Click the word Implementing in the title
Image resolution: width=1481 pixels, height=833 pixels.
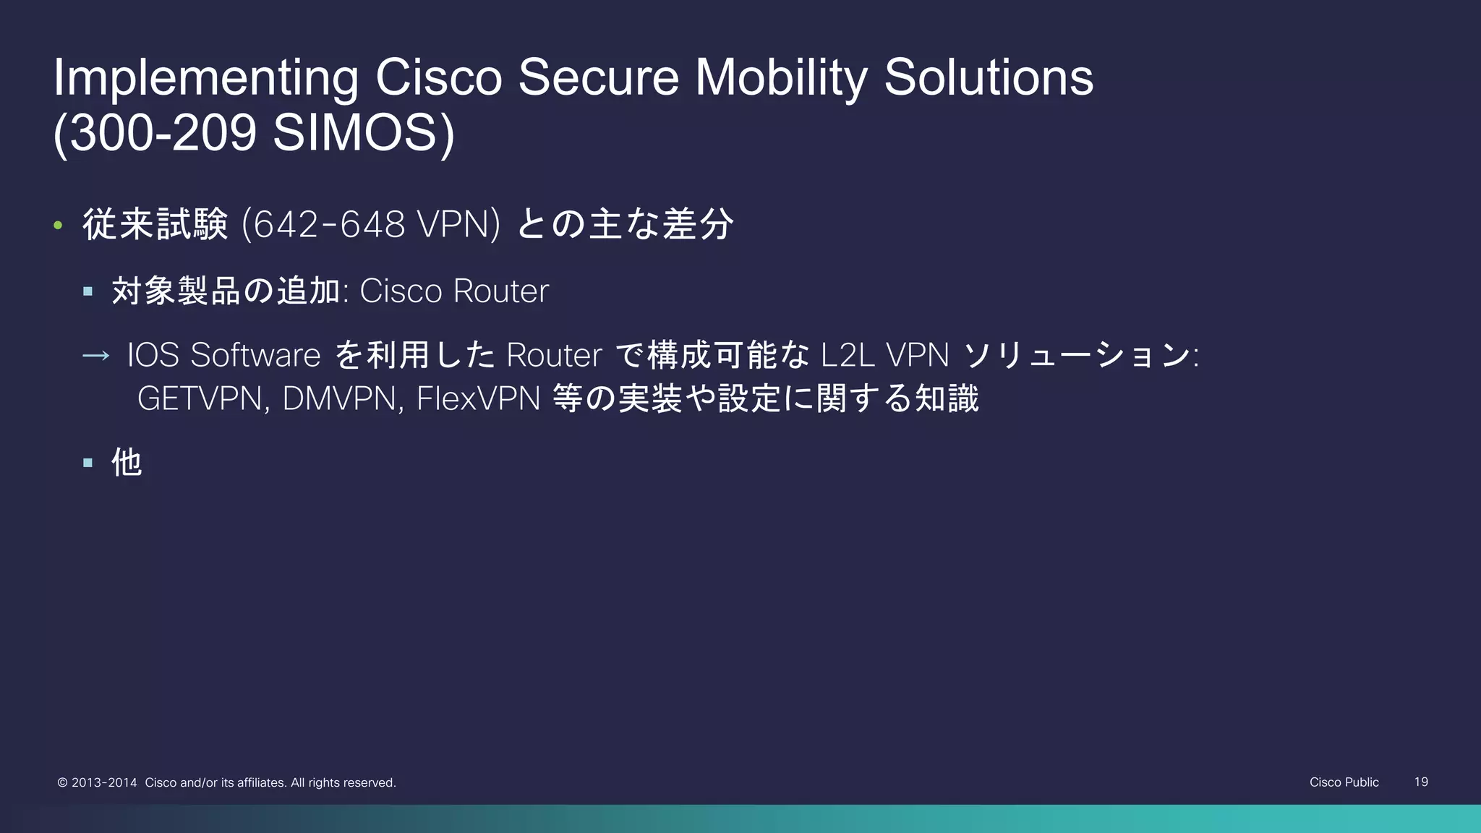click(205, 78)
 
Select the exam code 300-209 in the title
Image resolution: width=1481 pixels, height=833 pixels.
click(162, 133)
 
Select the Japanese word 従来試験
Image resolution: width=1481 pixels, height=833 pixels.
click(155, 224)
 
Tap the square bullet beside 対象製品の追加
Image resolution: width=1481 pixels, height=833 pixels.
click(88, 292)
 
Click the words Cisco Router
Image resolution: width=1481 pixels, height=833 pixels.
click(454, 291)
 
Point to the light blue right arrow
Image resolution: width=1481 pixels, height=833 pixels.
click(95, 356)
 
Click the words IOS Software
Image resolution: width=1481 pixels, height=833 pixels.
click(223, 355)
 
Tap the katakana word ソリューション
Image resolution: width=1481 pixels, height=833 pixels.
click(1077, 355)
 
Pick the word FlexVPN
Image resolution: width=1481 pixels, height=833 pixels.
click(478, 398)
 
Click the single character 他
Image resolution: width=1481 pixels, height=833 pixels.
click(127, 462)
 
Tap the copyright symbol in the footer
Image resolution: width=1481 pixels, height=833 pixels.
click(63, 782)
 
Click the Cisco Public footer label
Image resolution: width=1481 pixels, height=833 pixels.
click(1344, 782)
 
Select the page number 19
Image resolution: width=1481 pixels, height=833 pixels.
click(1420, 782)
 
